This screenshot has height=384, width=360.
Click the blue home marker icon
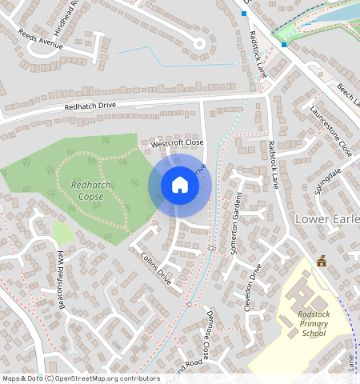180,186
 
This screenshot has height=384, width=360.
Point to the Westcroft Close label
178,143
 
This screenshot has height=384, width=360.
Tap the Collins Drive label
156,269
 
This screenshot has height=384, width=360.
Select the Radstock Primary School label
308,323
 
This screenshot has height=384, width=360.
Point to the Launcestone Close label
330,129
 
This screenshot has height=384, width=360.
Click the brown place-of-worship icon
322,261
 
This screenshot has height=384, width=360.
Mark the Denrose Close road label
207,334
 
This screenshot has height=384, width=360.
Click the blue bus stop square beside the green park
284,45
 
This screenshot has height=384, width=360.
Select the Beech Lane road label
347,97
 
